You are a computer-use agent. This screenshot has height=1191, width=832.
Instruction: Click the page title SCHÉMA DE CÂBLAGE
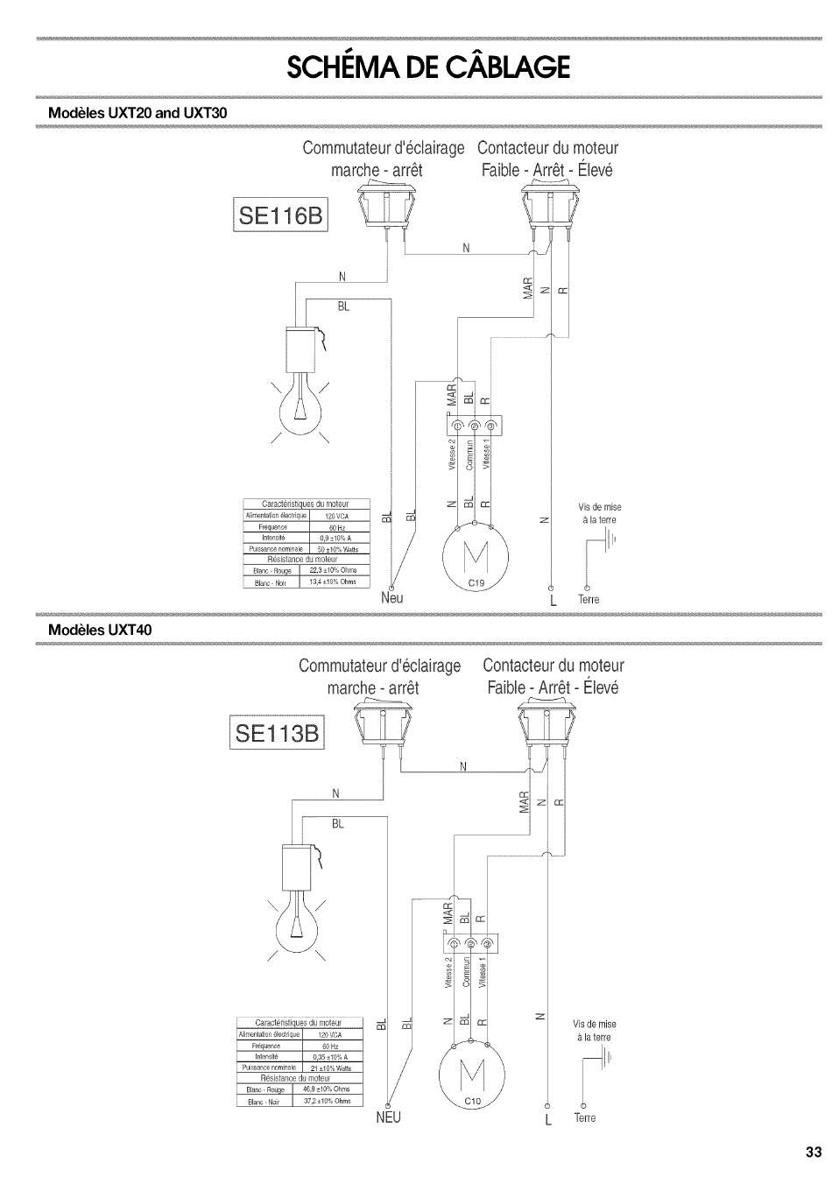(428, 67)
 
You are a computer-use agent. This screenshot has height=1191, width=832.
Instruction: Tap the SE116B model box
(280, 215)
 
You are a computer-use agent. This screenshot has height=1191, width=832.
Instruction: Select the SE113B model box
(277, 731)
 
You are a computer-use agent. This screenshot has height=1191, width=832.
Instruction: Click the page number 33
(814, 1152)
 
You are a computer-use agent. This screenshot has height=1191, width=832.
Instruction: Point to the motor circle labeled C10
(470, 1075)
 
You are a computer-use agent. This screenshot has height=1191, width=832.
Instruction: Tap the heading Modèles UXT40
(106, 630)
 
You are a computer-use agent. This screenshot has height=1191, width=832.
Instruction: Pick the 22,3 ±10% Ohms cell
(333, 571)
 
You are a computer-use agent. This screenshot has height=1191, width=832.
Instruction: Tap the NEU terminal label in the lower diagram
(388, 1118)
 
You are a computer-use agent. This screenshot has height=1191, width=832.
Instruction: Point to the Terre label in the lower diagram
(584, 1118)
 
